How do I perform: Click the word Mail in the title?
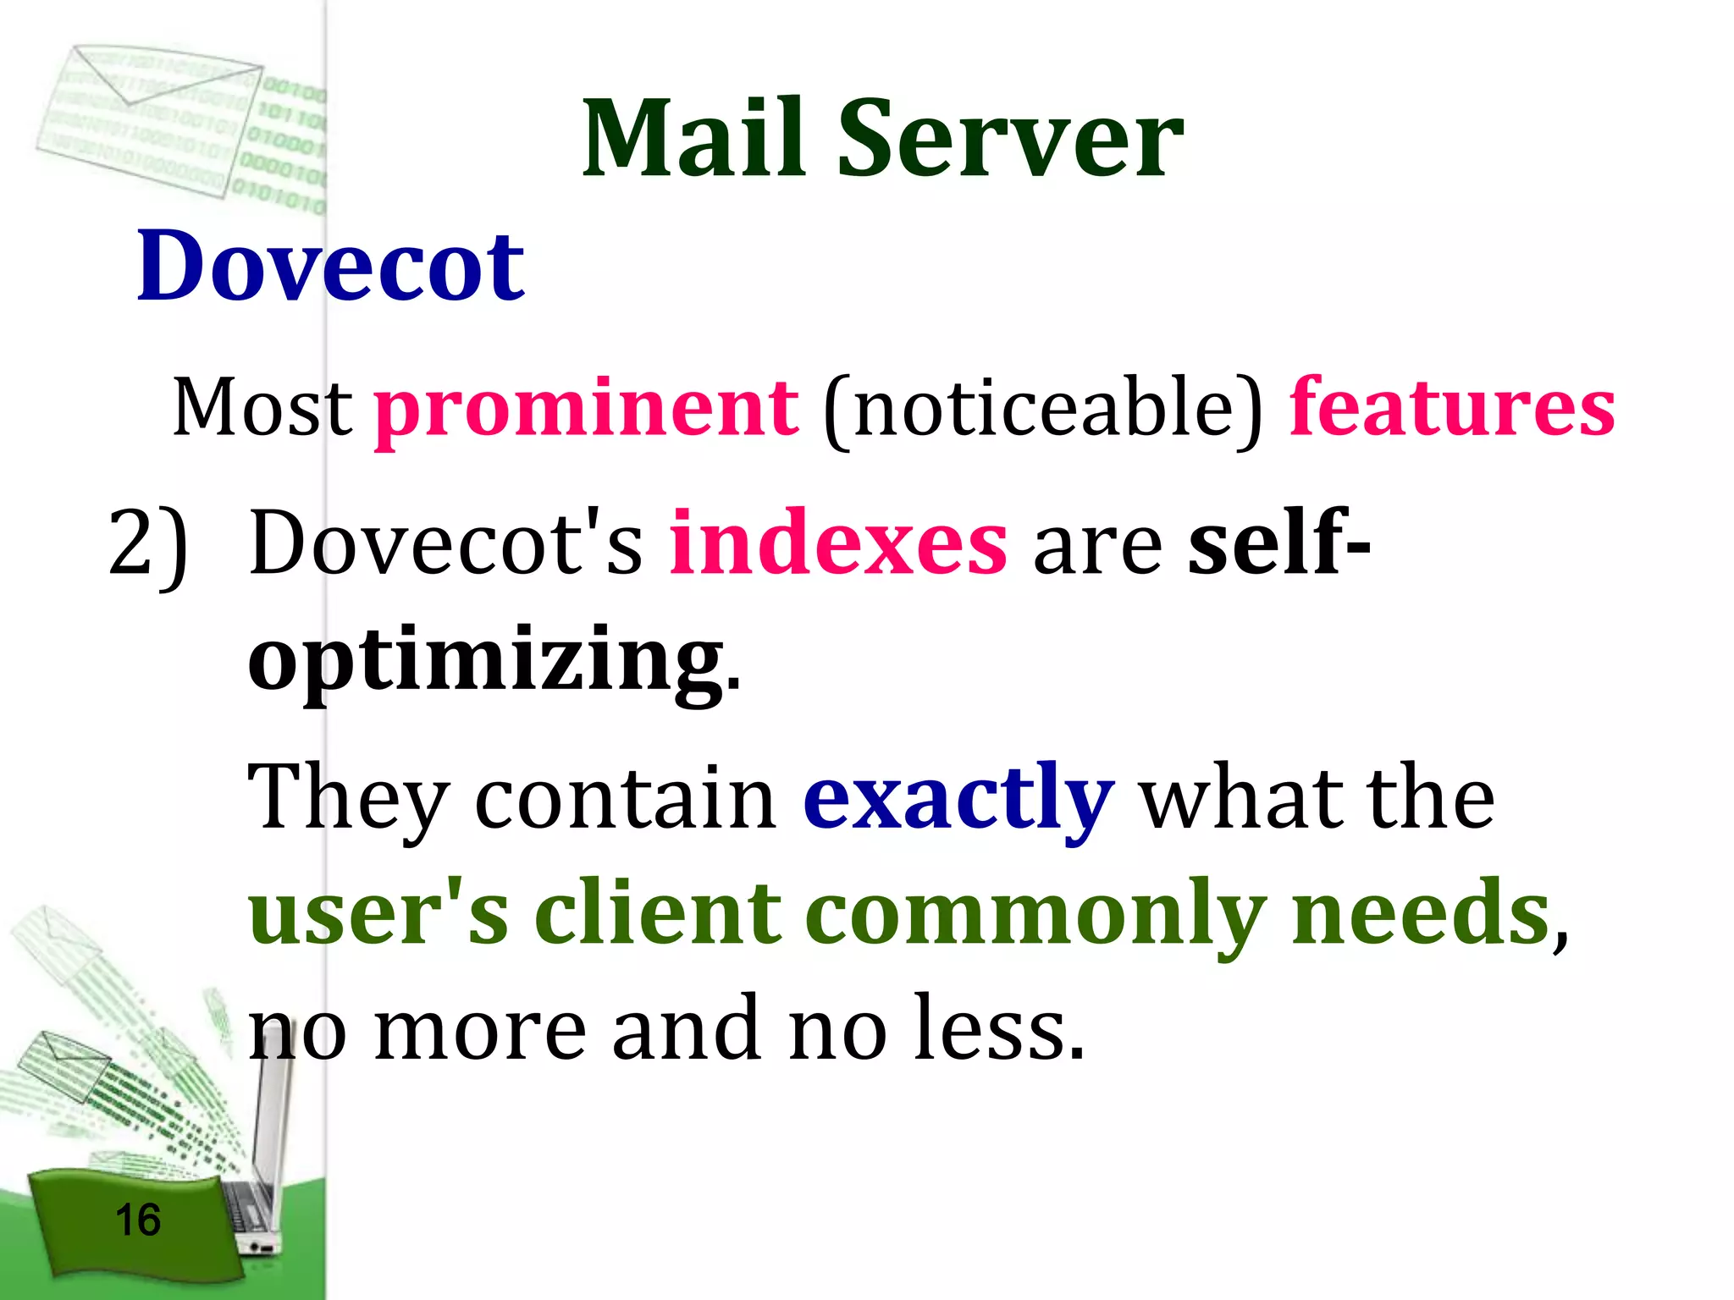coord(693,139)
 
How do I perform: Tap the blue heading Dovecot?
coord(331,266)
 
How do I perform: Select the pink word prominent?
coord(587,409)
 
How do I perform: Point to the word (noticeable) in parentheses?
coord(1042,409)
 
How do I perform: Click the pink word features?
coord(1451,407)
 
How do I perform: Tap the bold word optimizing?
coord(486,660)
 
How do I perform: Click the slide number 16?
coord(137,1220)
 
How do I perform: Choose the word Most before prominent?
coord(262,407)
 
